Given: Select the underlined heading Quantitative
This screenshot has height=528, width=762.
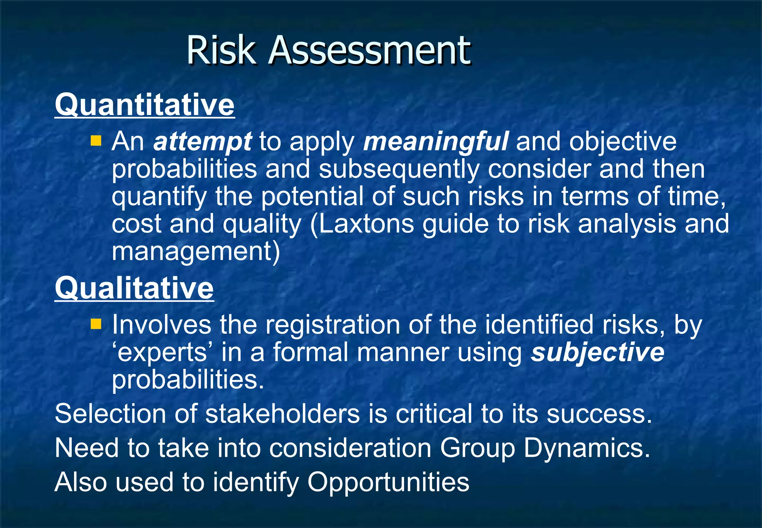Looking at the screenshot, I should (x=145, y=105).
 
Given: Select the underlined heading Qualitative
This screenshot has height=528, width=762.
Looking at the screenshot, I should (x=134, y=288).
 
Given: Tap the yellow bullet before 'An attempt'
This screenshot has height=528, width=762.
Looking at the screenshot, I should (x=96, y=141).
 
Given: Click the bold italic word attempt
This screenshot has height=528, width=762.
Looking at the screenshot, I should (x=203, y=142).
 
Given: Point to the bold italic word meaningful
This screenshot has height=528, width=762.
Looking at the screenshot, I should (x=435, y=142).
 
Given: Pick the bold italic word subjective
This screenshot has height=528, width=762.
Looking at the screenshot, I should (x=597, y=352).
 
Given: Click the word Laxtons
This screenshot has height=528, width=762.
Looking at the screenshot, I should (x=366, y=224).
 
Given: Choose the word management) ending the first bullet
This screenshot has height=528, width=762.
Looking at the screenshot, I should (x=196, y=252).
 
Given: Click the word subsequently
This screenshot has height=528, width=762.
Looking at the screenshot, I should (x=399, y=169).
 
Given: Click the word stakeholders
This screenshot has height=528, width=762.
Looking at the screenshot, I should (x=282, y=414).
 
